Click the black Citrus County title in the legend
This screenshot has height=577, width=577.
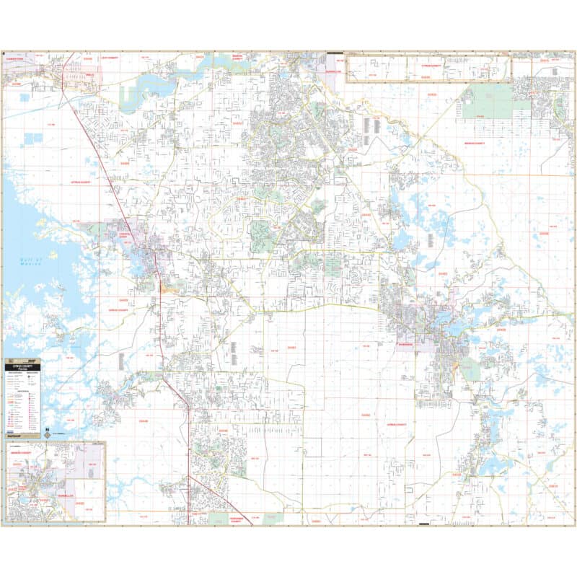point(23,366)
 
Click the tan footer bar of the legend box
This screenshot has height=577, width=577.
point(22,436)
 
